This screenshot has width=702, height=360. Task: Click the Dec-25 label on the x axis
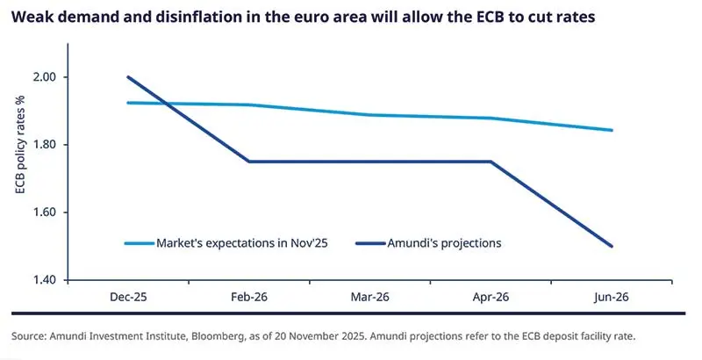(128, 297)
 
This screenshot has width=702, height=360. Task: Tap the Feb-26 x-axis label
(249, 297)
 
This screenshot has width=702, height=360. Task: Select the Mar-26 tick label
(369, 297)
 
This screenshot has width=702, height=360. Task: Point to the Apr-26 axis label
(491, 297)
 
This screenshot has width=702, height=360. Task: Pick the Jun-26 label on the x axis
(612, 297)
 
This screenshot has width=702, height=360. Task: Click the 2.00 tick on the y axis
(42, 77)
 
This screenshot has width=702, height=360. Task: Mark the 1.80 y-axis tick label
(42, 145)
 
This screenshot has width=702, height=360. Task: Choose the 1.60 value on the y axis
(42, 212)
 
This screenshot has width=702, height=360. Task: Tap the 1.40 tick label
(42, 280)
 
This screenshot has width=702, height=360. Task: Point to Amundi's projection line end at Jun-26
(612, 246)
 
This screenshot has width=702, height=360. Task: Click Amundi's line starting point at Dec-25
(128, 77)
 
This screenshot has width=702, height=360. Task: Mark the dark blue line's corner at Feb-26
(249, 162)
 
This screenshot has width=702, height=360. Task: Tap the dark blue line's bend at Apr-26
(491, 162)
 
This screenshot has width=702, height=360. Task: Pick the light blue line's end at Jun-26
(612, 130)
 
